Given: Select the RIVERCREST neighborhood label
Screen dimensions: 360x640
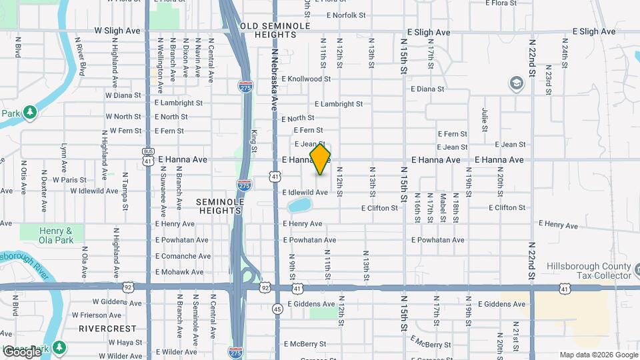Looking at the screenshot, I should pos(107,329).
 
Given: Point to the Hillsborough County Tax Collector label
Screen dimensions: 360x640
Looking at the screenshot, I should pos(589,271).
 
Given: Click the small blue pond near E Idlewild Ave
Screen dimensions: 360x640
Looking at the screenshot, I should pos(299,204).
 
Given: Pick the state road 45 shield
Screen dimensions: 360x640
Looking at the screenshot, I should pos(277,309).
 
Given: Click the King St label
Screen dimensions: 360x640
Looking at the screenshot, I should pos(255,141).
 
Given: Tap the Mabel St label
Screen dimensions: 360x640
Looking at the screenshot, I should pos(442,208).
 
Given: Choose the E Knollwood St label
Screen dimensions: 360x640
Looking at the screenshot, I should pos(306,79).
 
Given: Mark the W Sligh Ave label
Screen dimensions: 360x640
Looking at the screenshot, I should pos(117,31).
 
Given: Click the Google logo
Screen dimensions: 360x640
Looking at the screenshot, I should pos(21,351).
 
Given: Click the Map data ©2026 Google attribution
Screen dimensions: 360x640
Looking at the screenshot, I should pos(598,355).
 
